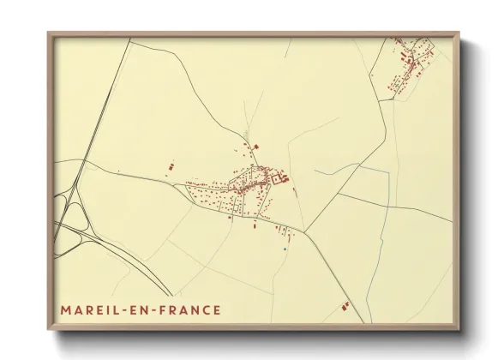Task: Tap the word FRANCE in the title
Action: pyautogui.click(x=187, y=310)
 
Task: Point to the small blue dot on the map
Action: pyautogui.click(x=284, y=249)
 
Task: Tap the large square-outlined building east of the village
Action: pyautogui.click(x=284, y=178)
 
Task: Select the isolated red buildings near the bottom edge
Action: pyautogui.click(x=345, y=303)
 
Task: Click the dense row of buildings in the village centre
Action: pyautogui.click(x=250, y=180)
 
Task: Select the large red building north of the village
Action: pyautogui.click(x=253, y=147)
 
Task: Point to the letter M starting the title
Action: pyautogui.click(x=65, y=310)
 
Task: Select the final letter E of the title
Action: pyautogui.click(x=216, y=310)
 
